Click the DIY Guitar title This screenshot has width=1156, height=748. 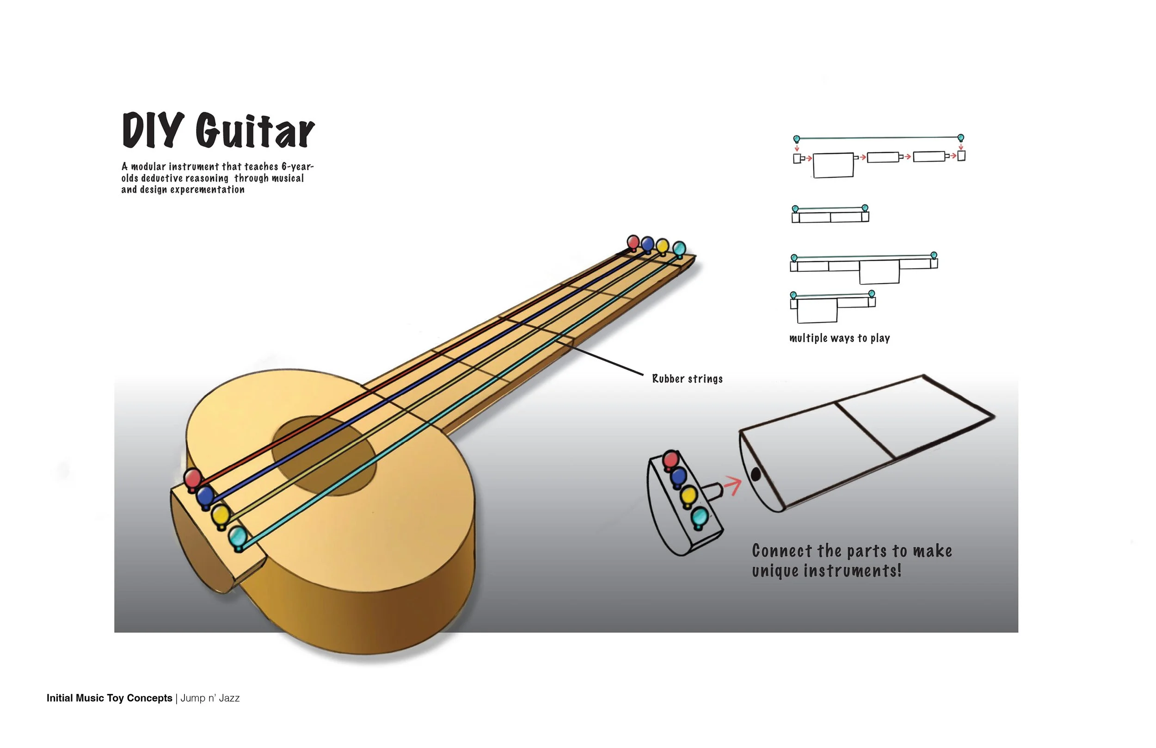218,130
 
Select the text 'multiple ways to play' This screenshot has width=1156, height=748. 839,338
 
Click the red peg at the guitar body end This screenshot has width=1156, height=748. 193,478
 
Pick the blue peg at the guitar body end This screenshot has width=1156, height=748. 205,496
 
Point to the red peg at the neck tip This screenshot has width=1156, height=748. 633,242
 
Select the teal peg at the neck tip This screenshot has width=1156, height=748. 679,249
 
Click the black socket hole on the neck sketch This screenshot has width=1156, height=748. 755,474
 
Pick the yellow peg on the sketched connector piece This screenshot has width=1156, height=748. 688,496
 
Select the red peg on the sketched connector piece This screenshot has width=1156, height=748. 671,459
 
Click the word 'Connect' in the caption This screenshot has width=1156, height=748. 781,551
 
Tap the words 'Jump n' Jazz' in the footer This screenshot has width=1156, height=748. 210,698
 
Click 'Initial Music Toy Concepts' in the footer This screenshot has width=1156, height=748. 109,698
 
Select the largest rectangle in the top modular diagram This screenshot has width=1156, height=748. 833,166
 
